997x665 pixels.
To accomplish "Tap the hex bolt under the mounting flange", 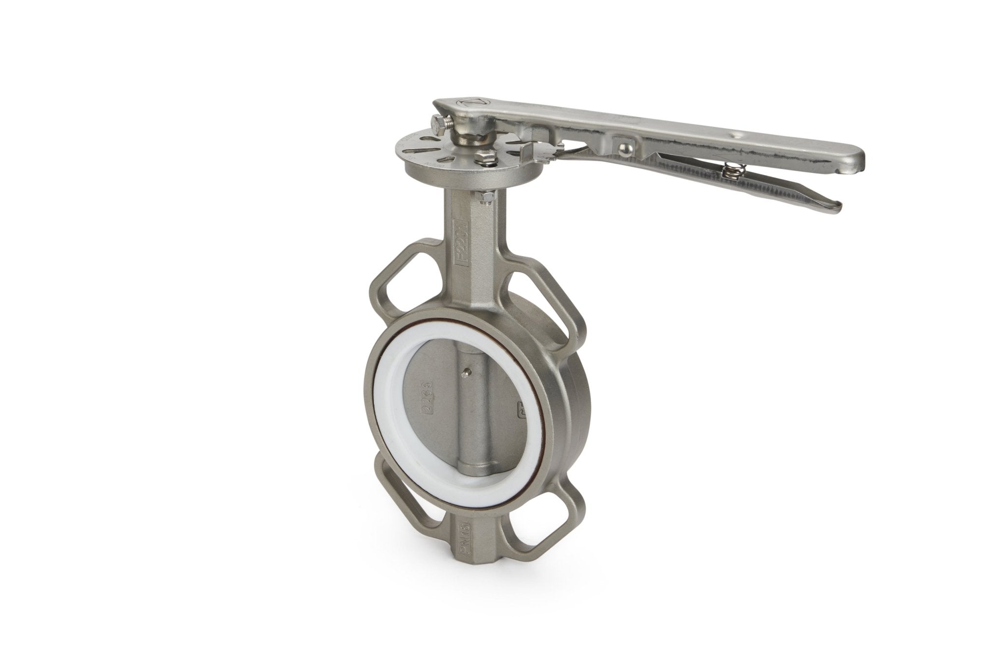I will (x=485, y=197).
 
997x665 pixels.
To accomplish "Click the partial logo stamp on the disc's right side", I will (x=522, y=406).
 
